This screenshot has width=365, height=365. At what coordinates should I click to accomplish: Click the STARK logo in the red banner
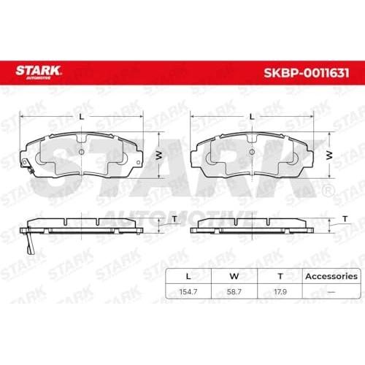click(38, 72)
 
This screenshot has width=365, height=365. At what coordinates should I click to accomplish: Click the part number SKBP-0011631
click(307, 73)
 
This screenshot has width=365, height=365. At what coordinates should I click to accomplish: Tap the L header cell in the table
click(188, 276)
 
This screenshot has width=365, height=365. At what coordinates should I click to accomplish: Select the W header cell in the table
click(234, 276)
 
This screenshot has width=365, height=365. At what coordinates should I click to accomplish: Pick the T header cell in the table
click(280, 276)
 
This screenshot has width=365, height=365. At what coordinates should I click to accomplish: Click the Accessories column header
click(331, 276)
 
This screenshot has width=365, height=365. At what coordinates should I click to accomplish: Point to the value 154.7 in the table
click(188, 291)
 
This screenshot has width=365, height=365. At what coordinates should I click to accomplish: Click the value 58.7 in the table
click(234, 291)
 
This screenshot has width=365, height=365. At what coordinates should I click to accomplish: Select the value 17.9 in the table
click(280, 291)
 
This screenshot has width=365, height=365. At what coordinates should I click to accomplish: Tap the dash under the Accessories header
click(331, 291)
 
